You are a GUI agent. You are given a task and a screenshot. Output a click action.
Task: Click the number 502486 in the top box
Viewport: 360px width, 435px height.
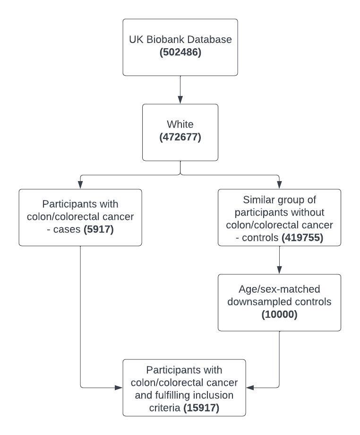pos(180,52)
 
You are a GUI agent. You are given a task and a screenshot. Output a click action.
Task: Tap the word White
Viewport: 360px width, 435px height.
pos(180,124)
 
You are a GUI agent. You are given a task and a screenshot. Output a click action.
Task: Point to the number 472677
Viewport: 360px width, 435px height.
pos(180,137)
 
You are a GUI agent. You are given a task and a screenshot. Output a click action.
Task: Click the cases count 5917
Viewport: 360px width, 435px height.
pos(99,229)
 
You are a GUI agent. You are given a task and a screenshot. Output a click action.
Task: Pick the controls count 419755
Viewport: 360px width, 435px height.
pos(302,237)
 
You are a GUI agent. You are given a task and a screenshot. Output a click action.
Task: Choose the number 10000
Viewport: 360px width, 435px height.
pos(279,314)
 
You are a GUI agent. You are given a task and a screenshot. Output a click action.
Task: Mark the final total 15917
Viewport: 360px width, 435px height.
pos(201,408)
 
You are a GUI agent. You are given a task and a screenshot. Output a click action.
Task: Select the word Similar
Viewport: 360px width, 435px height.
pos(259,200)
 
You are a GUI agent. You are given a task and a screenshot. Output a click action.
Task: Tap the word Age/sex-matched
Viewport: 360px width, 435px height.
pos(279,289)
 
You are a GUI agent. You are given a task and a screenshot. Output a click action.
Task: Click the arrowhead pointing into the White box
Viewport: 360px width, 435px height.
pos(180,100)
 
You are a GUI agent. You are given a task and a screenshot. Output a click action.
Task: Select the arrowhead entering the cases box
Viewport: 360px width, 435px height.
pos(80,185)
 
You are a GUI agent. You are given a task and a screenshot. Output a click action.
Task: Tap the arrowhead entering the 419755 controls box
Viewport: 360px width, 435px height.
pos(279,185)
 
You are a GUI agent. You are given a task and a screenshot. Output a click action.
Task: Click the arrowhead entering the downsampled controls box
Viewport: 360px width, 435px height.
pos(279,270)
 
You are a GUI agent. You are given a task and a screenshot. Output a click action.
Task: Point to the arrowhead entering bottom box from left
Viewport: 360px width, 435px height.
pos(119,388)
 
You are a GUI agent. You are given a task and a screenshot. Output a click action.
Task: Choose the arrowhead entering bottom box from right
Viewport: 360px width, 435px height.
pos(250,388)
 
